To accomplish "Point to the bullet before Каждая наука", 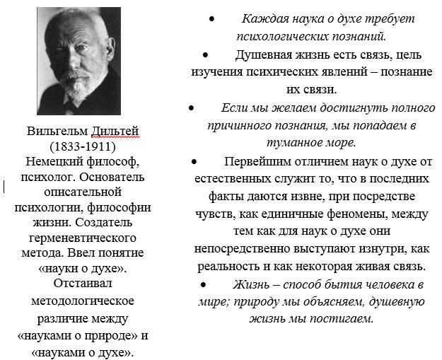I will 211,19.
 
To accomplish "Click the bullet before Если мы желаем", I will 192,108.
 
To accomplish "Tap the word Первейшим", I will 258,161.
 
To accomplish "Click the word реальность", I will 224,267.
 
